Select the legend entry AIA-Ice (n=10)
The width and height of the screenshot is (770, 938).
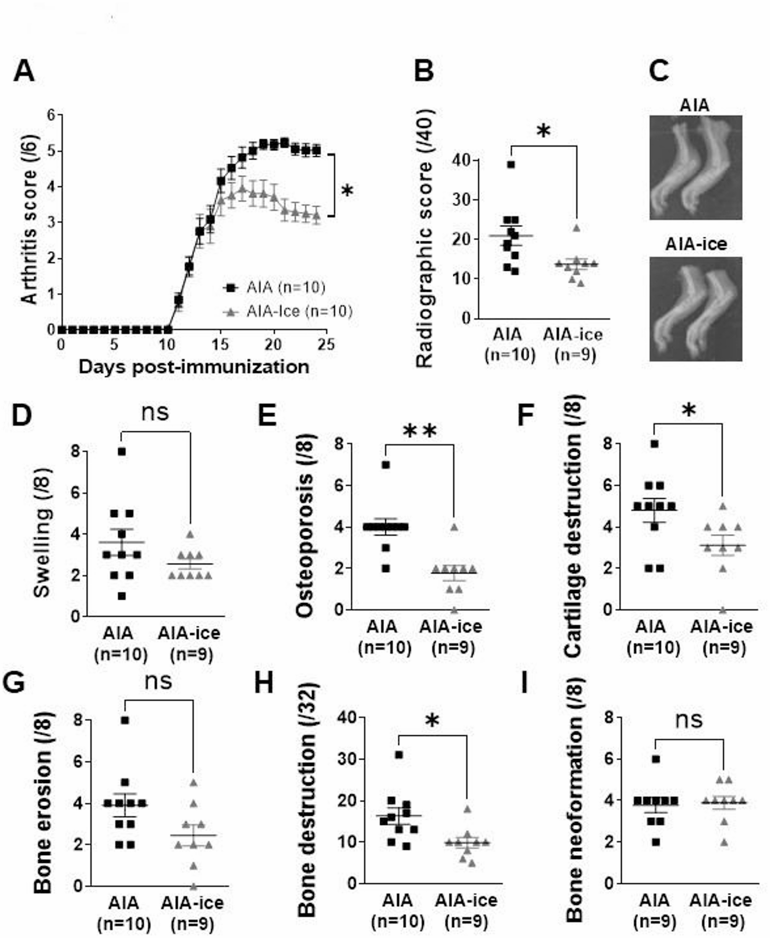[x=288, y=311]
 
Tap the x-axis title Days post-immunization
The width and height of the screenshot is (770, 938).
[x=194, y=367]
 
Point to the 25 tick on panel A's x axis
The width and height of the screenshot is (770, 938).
[x=326, y=345]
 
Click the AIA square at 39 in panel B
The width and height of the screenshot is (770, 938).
[x=511, y=165]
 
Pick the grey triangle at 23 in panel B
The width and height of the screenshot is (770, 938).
[x=576, y=228]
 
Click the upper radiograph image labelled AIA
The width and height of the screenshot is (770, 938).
[x=695, y=167]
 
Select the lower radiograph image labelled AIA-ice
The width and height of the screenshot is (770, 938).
[x=695, y=309]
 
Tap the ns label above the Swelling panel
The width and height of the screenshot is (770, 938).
[x=155, y=412]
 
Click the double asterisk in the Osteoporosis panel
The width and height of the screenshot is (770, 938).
[x=420, y=432]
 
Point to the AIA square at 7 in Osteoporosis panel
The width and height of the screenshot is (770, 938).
[x=386, y=464]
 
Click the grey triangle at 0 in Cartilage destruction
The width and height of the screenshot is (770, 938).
[x=723, y=610]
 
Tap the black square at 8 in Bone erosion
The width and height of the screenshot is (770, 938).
[x=125, y=720]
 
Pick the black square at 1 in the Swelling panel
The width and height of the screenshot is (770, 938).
[x=121, y=596]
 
